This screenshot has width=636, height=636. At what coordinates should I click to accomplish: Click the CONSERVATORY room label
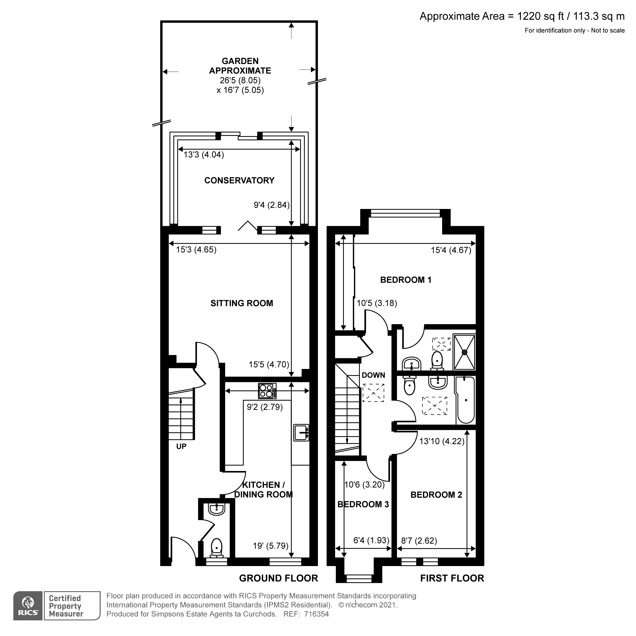239,180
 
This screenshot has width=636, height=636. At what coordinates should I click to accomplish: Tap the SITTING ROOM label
242,303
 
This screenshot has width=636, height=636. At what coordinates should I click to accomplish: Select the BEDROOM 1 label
406,280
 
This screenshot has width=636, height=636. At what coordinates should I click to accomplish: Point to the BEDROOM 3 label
363,504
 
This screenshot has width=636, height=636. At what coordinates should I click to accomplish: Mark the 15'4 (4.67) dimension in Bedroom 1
451,250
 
